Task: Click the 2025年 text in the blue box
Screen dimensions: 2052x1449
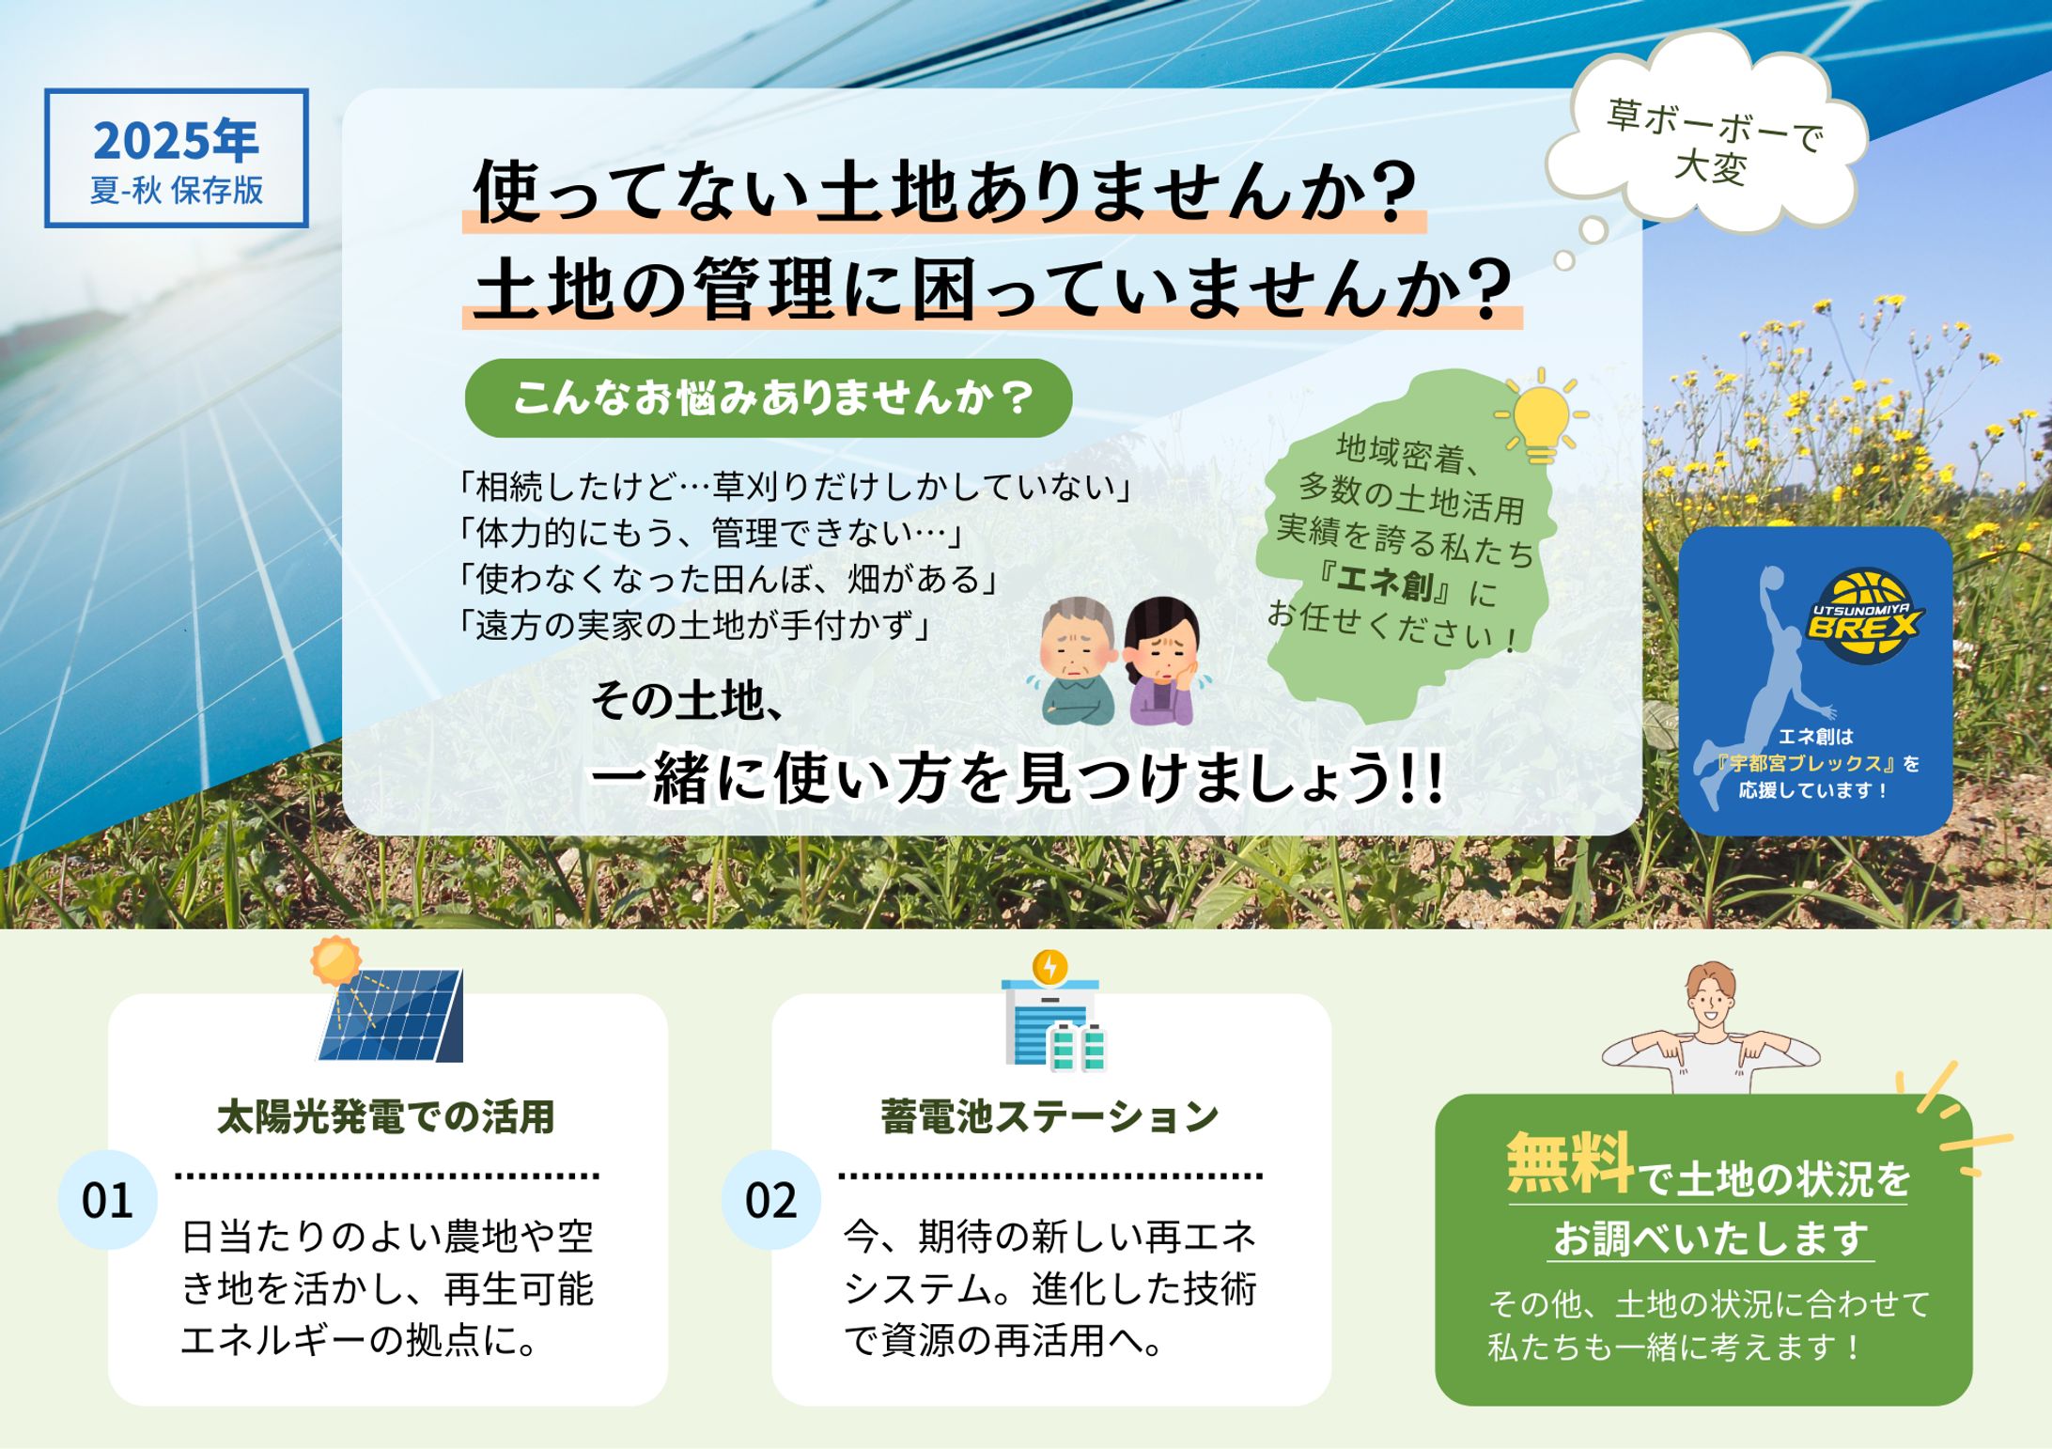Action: click(x=176, y=141)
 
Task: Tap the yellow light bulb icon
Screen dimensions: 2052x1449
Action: click(x=1541, y=415)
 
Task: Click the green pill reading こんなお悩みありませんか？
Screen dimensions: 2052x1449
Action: click(x=769, y=397)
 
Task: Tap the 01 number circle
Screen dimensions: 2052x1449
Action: click(x=107, y=1200)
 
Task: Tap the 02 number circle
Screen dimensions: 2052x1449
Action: click(x=770, y=1200)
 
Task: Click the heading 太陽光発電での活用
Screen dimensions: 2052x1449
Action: click(x=386, y=1117)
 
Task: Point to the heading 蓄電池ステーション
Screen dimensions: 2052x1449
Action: click(x=1049, y=1117)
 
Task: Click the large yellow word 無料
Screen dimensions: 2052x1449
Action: click(x=1571, y=1163)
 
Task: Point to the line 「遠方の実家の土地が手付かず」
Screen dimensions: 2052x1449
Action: click(x=693, y=625)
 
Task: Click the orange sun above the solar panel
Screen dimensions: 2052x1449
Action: click(x=335, y=959)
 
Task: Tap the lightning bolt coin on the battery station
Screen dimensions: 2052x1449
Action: click(x=1049, y=966)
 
